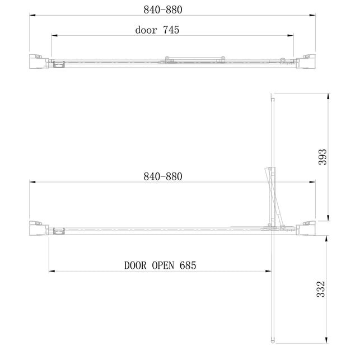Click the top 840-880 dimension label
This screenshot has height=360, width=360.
(163, 10)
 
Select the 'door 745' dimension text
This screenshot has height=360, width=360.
(157, 30)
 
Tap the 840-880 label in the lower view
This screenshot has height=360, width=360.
(163, 176)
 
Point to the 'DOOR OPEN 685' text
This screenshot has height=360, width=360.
(160, 265)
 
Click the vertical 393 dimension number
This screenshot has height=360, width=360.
(322, 157)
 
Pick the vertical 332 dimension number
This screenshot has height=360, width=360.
(321, 289)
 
